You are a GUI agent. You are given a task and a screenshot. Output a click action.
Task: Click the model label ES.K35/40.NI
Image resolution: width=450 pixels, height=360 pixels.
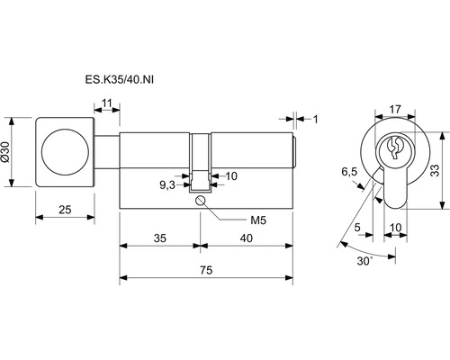[120, 80]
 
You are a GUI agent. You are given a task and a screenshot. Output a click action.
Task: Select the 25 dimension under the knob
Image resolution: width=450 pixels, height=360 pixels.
[65, 210]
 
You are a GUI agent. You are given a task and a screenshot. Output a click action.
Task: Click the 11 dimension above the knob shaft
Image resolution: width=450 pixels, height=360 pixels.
[107, 103]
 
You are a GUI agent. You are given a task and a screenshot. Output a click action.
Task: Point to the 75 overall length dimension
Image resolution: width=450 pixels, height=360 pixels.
[206, 270]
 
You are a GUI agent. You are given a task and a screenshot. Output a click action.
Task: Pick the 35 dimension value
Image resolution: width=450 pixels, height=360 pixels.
[160, 238]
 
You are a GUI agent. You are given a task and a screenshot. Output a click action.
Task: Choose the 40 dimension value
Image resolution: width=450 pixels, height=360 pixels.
[247, 238]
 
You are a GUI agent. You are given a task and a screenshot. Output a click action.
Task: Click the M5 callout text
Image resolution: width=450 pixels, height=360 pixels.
[258, 220]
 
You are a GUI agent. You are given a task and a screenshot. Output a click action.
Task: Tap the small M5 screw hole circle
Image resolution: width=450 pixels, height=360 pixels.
[200, 200]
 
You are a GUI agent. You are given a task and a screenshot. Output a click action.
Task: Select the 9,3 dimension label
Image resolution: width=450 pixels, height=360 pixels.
[167, 185]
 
